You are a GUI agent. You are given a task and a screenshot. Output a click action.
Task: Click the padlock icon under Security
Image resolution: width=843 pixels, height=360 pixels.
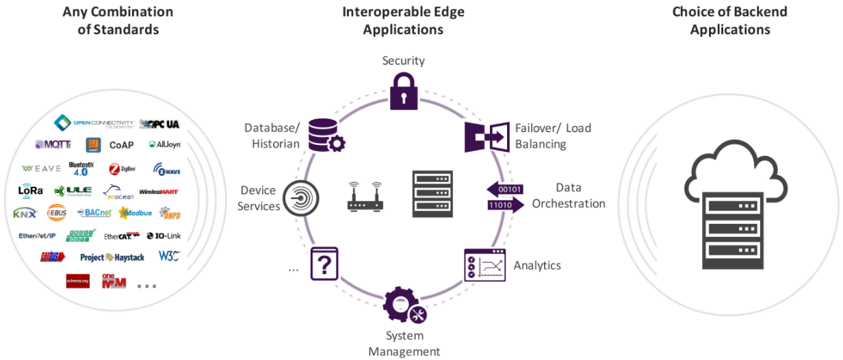coord(403,90)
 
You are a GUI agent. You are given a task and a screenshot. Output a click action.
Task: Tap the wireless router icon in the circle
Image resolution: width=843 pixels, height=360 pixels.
coord(364,196)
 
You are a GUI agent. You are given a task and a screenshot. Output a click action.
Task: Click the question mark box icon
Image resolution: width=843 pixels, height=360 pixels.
coord(324,263)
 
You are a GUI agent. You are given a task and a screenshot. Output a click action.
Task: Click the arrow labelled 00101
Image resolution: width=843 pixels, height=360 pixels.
coord(504,188)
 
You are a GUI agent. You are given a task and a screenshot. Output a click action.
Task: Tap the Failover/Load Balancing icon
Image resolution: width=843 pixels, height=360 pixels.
coord(487,137)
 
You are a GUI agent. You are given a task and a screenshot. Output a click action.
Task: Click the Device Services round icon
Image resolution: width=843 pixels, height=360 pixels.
coord(301,198)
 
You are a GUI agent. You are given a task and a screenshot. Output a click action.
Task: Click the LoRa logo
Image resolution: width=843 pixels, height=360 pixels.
coord(31,191)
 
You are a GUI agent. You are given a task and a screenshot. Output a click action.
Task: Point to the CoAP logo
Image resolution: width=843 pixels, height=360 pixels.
coord(122,145)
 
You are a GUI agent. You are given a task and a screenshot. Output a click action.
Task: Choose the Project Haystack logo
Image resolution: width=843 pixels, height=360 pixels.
coord(112,257)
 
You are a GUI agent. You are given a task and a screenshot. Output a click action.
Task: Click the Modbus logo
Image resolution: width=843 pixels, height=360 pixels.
coord(134,213)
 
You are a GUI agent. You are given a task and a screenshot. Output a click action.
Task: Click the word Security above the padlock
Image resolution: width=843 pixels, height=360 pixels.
coord(403,60)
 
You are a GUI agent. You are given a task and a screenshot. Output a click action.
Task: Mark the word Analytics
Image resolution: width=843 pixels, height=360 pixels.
coord(537,265)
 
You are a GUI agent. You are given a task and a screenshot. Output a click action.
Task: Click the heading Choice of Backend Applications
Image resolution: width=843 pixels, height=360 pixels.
coord(729,21)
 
